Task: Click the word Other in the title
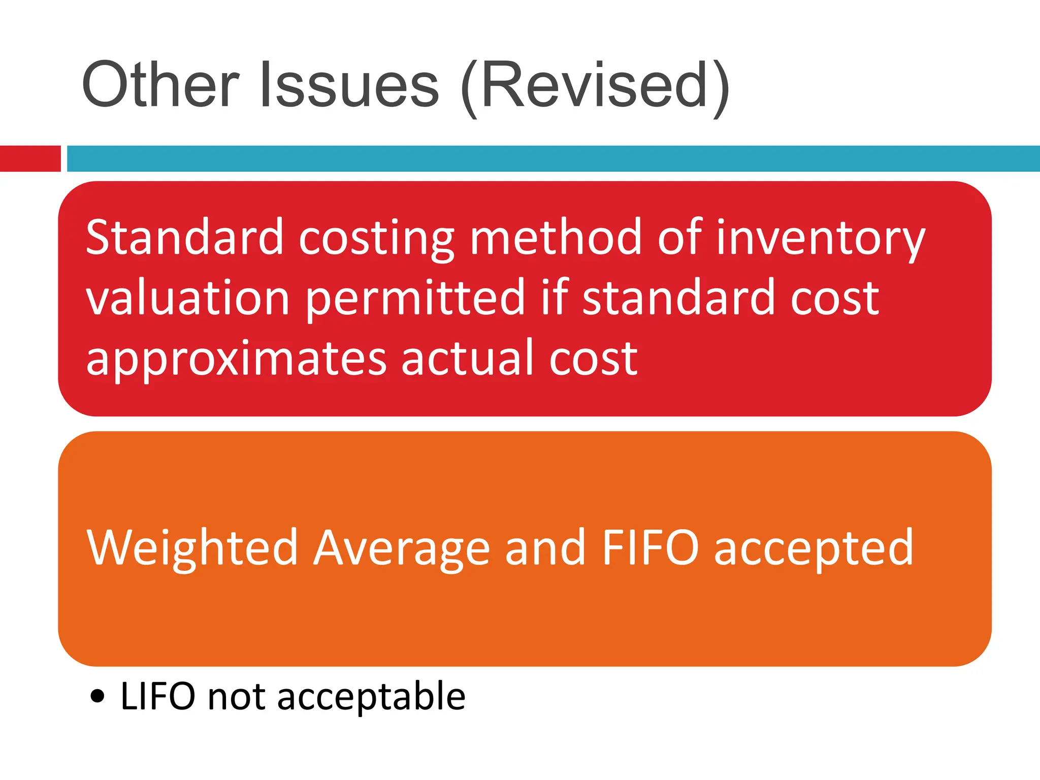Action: tap(160, 84)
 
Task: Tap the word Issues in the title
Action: tap(349, 84)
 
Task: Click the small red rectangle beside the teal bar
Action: tap(30, 158)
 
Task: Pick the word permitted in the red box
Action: tap(415, 300)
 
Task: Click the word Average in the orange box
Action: tap(401, 549)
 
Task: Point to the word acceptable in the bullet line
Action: tap(371, 697)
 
